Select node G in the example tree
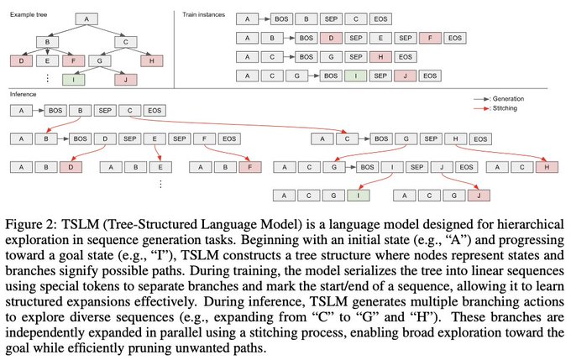pos(101,60)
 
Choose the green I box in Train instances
pos(358,76)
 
